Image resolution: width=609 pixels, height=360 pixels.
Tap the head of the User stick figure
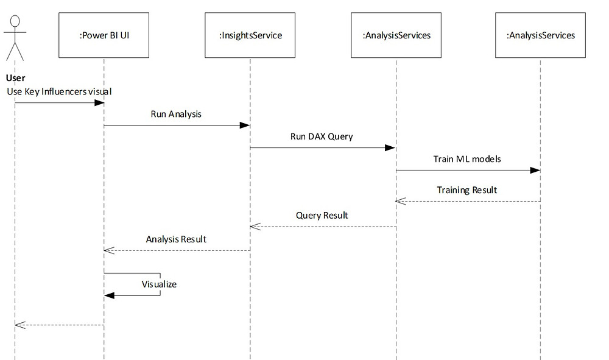click(15, 21)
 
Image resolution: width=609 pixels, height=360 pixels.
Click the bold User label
click(16, 78)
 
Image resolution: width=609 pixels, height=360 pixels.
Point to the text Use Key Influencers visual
click(59, 91)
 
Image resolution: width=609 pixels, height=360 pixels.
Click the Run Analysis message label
click(176, 114)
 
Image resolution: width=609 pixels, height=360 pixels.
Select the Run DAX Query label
click(322, 136)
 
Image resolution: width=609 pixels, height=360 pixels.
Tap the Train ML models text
click(467, 159)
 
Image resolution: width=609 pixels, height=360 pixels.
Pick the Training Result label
click(467, 190)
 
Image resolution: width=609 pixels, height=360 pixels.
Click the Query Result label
click(322, 216)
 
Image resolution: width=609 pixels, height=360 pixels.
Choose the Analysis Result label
click(176, 239)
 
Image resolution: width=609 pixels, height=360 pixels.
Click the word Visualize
click(159, 284)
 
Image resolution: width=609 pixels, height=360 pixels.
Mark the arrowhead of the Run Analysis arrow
click(245, 125)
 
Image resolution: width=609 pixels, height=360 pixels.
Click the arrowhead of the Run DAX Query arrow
click(390, 147)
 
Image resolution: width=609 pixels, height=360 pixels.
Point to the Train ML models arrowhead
click(535, 170)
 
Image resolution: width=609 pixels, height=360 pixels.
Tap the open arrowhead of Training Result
click(401, 201)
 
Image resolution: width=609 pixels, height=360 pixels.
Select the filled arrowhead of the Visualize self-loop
click(110, 295)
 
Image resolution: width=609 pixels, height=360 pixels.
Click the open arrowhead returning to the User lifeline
click(20, 325)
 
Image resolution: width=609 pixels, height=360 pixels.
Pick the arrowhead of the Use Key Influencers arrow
click(99, 102)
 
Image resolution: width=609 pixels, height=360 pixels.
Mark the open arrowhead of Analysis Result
click(109, 250)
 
